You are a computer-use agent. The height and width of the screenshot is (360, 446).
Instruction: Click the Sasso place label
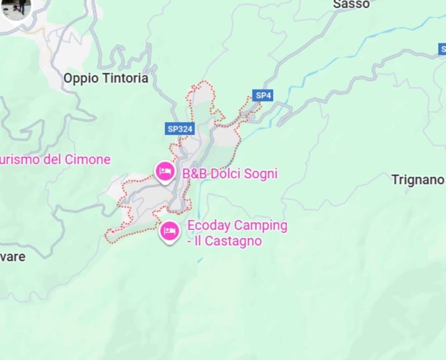pos(351,4)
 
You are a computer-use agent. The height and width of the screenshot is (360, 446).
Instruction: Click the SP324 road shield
pos(180,129)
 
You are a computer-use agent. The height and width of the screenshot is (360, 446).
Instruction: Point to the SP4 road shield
pos(263,96)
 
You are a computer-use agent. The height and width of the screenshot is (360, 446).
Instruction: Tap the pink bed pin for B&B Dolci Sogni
pos(165,171)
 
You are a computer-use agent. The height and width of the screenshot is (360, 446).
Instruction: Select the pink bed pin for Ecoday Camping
pos(169,231)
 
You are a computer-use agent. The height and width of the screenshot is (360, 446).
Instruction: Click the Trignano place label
pos(417,180)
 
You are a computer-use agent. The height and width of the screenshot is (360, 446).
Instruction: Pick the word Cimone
pos(87,159)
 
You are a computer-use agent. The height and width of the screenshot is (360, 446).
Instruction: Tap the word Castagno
pos(233,241)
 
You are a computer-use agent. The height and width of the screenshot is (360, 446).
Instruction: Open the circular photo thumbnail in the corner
pos(16,7)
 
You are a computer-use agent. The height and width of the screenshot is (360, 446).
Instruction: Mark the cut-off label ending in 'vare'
pos(13,257)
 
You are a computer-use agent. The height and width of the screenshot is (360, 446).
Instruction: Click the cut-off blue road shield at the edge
pos(442,49)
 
